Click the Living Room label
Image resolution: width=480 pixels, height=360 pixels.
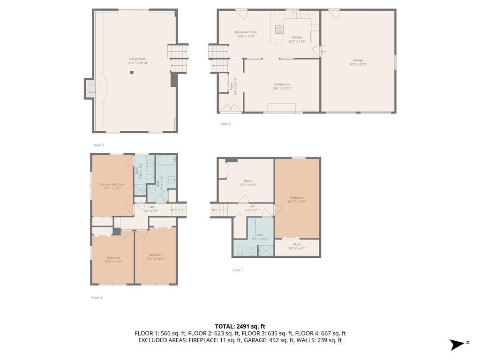137,60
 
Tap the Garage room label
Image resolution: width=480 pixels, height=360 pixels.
358,62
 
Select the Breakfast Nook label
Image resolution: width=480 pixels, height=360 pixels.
246,34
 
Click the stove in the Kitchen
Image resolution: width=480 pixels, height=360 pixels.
279,30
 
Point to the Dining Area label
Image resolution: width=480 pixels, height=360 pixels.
282,86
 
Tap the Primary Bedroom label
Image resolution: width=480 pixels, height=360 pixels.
112,186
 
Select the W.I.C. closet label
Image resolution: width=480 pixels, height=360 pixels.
297,246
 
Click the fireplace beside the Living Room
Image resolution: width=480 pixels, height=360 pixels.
89,89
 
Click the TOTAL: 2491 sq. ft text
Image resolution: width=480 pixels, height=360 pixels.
240,326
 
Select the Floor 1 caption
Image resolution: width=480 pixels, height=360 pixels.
238,270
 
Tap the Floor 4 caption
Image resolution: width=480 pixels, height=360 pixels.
97,298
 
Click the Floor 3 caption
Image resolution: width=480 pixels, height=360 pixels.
225,124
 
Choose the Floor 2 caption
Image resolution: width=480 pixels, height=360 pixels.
98,145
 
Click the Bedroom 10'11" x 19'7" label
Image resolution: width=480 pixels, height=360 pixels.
297,200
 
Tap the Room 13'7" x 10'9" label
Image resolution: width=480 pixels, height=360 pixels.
248,183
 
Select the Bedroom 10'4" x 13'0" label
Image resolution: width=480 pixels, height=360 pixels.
113,259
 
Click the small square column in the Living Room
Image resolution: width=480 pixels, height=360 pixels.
132,72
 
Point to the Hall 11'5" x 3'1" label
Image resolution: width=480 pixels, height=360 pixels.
252,208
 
